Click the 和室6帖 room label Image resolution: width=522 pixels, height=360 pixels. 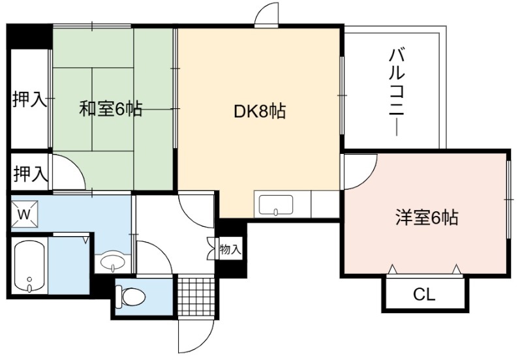tap(111, 109)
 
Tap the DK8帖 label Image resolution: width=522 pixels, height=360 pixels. tap(260, 112)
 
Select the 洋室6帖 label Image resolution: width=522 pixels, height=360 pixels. tap(427, 218)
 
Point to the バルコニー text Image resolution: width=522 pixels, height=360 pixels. tap(397, 92)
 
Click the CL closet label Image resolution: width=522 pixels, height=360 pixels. tap(424, 294)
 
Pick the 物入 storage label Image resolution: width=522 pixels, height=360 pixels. tap(230, 249)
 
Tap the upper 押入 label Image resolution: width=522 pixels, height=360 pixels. tap(29, 99)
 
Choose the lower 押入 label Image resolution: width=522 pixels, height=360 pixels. tap(29, 173)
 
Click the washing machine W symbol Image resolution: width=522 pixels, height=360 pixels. tap(24, 214)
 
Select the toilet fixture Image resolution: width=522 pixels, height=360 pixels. tap(130, 296)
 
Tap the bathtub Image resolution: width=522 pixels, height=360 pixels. tap(29, 266)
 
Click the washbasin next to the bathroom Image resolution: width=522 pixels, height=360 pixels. tap(112, 262)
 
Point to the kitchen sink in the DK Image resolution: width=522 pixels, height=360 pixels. tap(276, 205)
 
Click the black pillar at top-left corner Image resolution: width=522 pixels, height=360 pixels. tap(29, 36)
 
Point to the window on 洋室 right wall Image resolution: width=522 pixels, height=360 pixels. tap(508, 199)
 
